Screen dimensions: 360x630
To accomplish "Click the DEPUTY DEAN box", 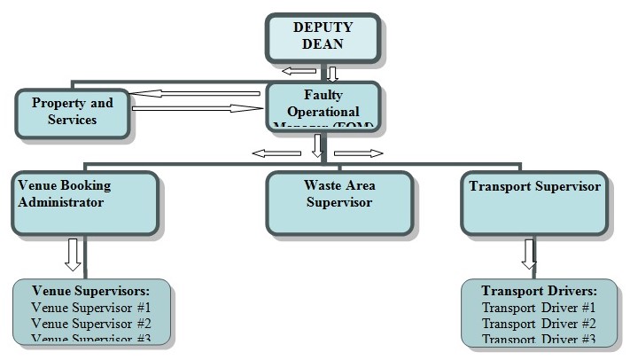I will tap(323, 35).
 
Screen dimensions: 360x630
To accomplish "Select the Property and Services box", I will tap(73, 111).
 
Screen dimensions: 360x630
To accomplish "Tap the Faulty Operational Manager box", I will tap(323, 106).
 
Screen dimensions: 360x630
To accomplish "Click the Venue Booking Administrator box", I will tap(85, 201).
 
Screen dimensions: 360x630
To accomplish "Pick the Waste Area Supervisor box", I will tap(339, 201).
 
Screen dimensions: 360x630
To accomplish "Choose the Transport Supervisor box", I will tap(535, 201).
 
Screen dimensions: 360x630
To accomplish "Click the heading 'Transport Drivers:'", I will tap(539, 291).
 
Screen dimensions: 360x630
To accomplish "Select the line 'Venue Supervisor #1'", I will tap(90, 307).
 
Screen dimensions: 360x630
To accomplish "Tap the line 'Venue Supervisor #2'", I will tap(90, 323).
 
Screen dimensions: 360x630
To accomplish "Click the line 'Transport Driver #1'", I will tap(539, 308).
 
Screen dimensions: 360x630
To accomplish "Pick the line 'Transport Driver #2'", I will tap(539, 323).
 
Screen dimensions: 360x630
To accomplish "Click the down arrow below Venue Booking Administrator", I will tap(74, 254).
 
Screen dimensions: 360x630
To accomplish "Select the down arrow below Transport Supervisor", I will tap(529, 254).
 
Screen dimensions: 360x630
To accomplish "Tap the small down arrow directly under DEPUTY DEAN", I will tap(332, 73).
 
